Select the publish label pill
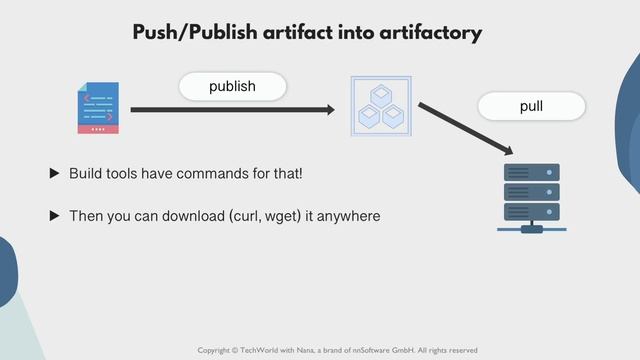[x=232, y=87]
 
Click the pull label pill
[x=531, y=106]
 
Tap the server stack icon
[x=531, y=197]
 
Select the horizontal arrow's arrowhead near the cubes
[x=329, y=109]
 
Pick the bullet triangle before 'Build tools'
[x=55, y=174]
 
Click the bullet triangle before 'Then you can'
[x=55, y=216]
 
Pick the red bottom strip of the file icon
[x=98, y=129]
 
